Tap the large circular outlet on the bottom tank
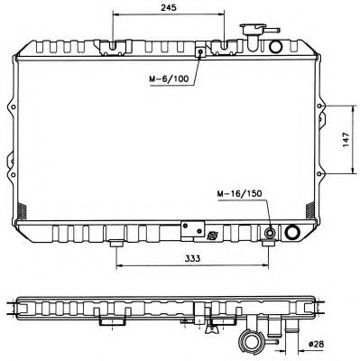(293, 233)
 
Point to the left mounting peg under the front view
(116, 245)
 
